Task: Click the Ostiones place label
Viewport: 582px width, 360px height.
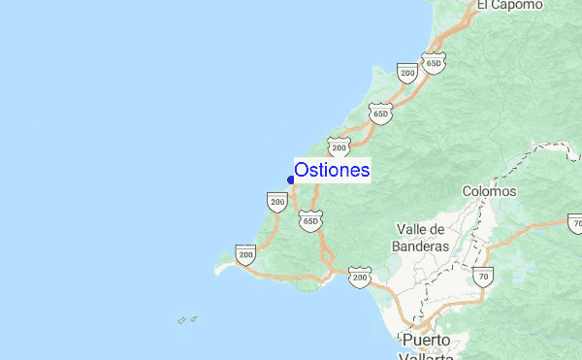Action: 332,170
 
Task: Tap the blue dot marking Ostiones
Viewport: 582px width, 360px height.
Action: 291,180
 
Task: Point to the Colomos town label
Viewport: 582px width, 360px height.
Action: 490,191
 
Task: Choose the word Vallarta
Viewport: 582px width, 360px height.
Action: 428,355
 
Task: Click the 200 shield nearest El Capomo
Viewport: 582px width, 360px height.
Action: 407,72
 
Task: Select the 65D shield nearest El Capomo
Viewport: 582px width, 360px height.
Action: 434,63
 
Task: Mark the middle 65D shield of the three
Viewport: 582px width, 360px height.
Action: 380,115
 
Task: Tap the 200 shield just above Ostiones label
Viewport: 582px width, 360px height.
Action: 338,147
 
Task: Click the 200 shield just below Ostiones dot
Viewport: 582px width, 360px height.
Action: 277,202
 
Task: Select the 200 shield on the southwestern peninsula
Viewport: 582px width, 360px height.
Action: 245,256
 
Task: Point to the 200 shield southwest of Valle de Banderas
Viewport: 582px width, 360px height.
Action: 360,278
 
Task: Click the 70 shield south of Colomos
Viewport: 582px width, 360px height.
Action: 483,278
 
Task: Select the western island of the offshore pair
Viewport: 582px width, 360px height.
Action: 181,320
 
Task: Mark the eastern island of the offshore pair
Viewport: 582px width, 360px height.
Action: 194,317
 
